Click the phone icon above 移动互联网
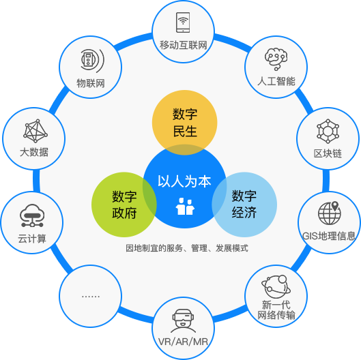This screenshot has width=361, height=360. [x=183, y=22]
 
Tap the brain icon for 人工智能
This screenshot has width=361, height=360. [x=276, y=59]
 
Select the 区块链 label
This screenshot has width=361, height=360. [x=328, y=153]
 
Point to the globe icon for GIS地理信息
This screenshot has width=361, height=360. [x=330, y=213]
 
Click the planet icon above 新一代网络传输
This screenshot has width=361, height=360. [x=276, y=286]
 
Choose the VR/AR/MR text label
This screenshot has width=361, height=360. [x=183, y=342]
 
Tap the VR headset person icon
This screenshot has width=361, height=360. [x=183, y=321]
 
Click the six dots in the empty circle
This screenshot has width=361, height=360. [x=91, y=297]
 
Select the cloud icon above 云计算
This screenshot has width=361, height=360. [x=32, y=215]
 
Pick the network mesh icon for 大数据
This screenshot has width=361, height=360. [x=35, y=131]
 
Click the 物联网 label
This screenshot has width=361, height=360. [x=91, y=82]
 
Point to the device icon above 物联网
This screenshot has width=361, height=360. [x=92, y=59]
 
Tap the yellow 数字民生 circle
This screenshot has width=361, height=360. [x=185, y=122]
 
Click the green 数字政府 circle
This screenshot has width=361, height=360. [x=124, y=205]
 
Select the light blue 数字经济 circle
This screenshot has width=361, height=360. [x=244, y=205]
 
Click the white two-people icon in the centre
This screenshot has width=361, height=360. [x=185, y=207]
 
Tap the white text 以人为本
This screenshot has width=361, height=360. [x=184, y=181]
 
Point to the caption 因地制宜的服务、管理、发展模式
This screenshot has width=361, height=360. [x=187, y=248]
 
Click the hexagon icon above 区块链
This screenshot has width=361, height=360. [x=328, y=131]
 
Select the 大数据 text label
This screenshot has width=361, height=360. [x=34, y=152]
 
